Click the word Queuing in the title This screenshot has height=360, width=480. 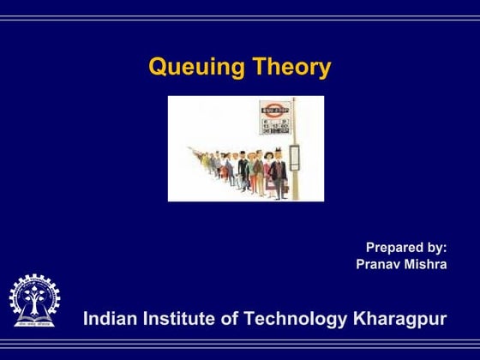(196, 68)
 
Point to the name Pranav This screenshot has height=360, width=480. (378, 264)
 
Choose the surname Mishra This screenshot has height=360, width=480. (425, 264)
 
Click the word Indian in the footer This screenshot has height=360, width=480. (107, 319)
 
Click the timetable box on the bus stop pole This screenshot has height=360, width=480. (294, 158)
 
